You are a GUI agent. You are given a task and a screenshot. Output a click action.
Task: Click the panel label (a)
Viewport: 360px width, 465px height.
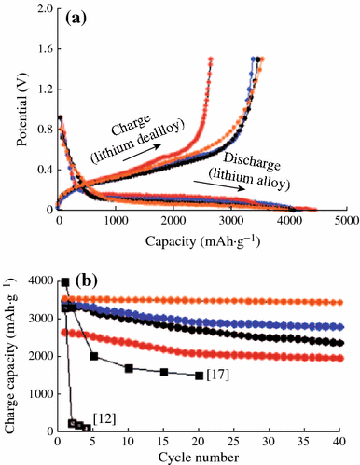click(x=76, y=19)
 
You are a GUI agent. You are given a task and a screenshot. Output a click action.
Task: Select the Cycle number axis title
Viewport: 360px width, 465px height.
click(x=201, y=457)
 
